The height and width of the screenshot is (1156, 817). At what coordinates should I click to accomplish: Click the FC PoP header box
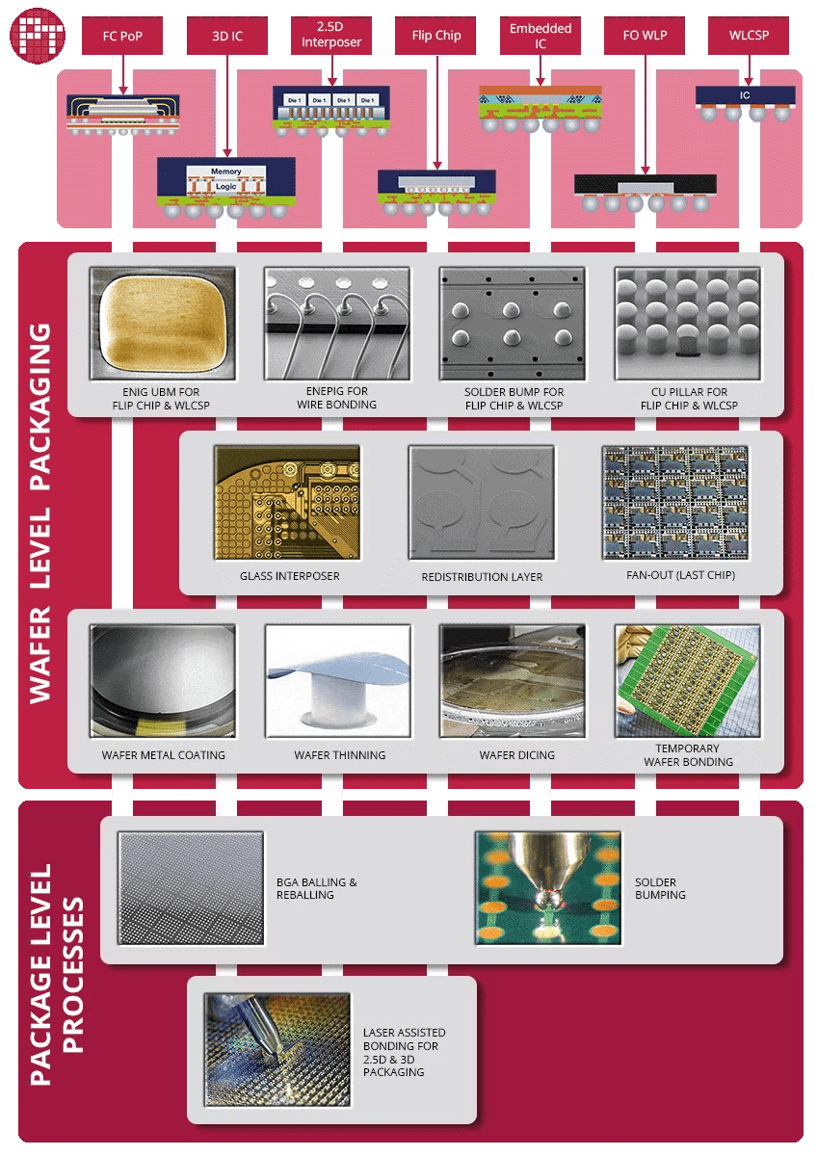coord(122,36)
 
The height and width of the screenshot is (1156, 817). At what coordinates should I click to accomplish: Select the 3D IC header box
coord(226,36)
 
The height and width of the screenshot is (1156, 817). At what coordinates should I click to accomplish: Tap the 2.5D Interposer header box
coord(331,35)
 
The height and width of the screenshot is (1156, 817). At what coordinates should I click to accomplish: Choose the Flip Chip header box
coord(436,36)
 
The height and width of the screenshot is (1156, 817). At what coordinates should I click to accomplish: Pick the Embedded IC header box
coord(540,36)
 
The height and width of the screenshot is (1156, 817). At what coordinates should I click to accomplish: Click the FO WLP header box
coord(645,36)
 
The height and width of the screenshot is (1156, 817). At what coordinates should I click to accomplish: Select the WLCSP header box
coord(749,36)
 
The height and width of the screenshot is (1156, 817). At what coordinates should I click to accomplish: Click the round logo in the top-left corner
coord(34,33)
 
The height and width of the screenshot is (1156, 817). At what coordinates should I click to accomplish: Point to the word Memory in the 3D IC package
coord(226,171)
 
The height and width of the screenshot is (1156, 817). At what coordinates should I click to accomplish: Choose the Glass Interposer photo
coord(287,502)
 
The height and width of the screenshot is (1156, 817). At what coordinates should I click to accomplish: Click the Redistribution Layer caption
coord(482,577)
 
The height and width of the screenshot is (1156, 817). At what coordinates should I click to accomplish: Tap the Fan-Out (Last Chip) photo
coord(674,502)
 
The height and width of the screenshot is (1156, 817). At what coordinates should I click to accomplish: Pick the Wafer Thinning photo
coord(337,681)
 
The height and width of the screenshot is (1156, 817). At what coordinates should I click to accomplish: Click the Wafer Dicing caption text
coord(516,755)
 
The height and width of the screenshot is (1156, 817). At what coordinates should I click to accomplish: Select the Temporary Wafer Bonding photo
coord(688,681)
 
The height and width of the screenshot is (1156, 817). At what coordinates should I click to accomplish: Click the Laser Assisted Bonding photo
coord(277,1049)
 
